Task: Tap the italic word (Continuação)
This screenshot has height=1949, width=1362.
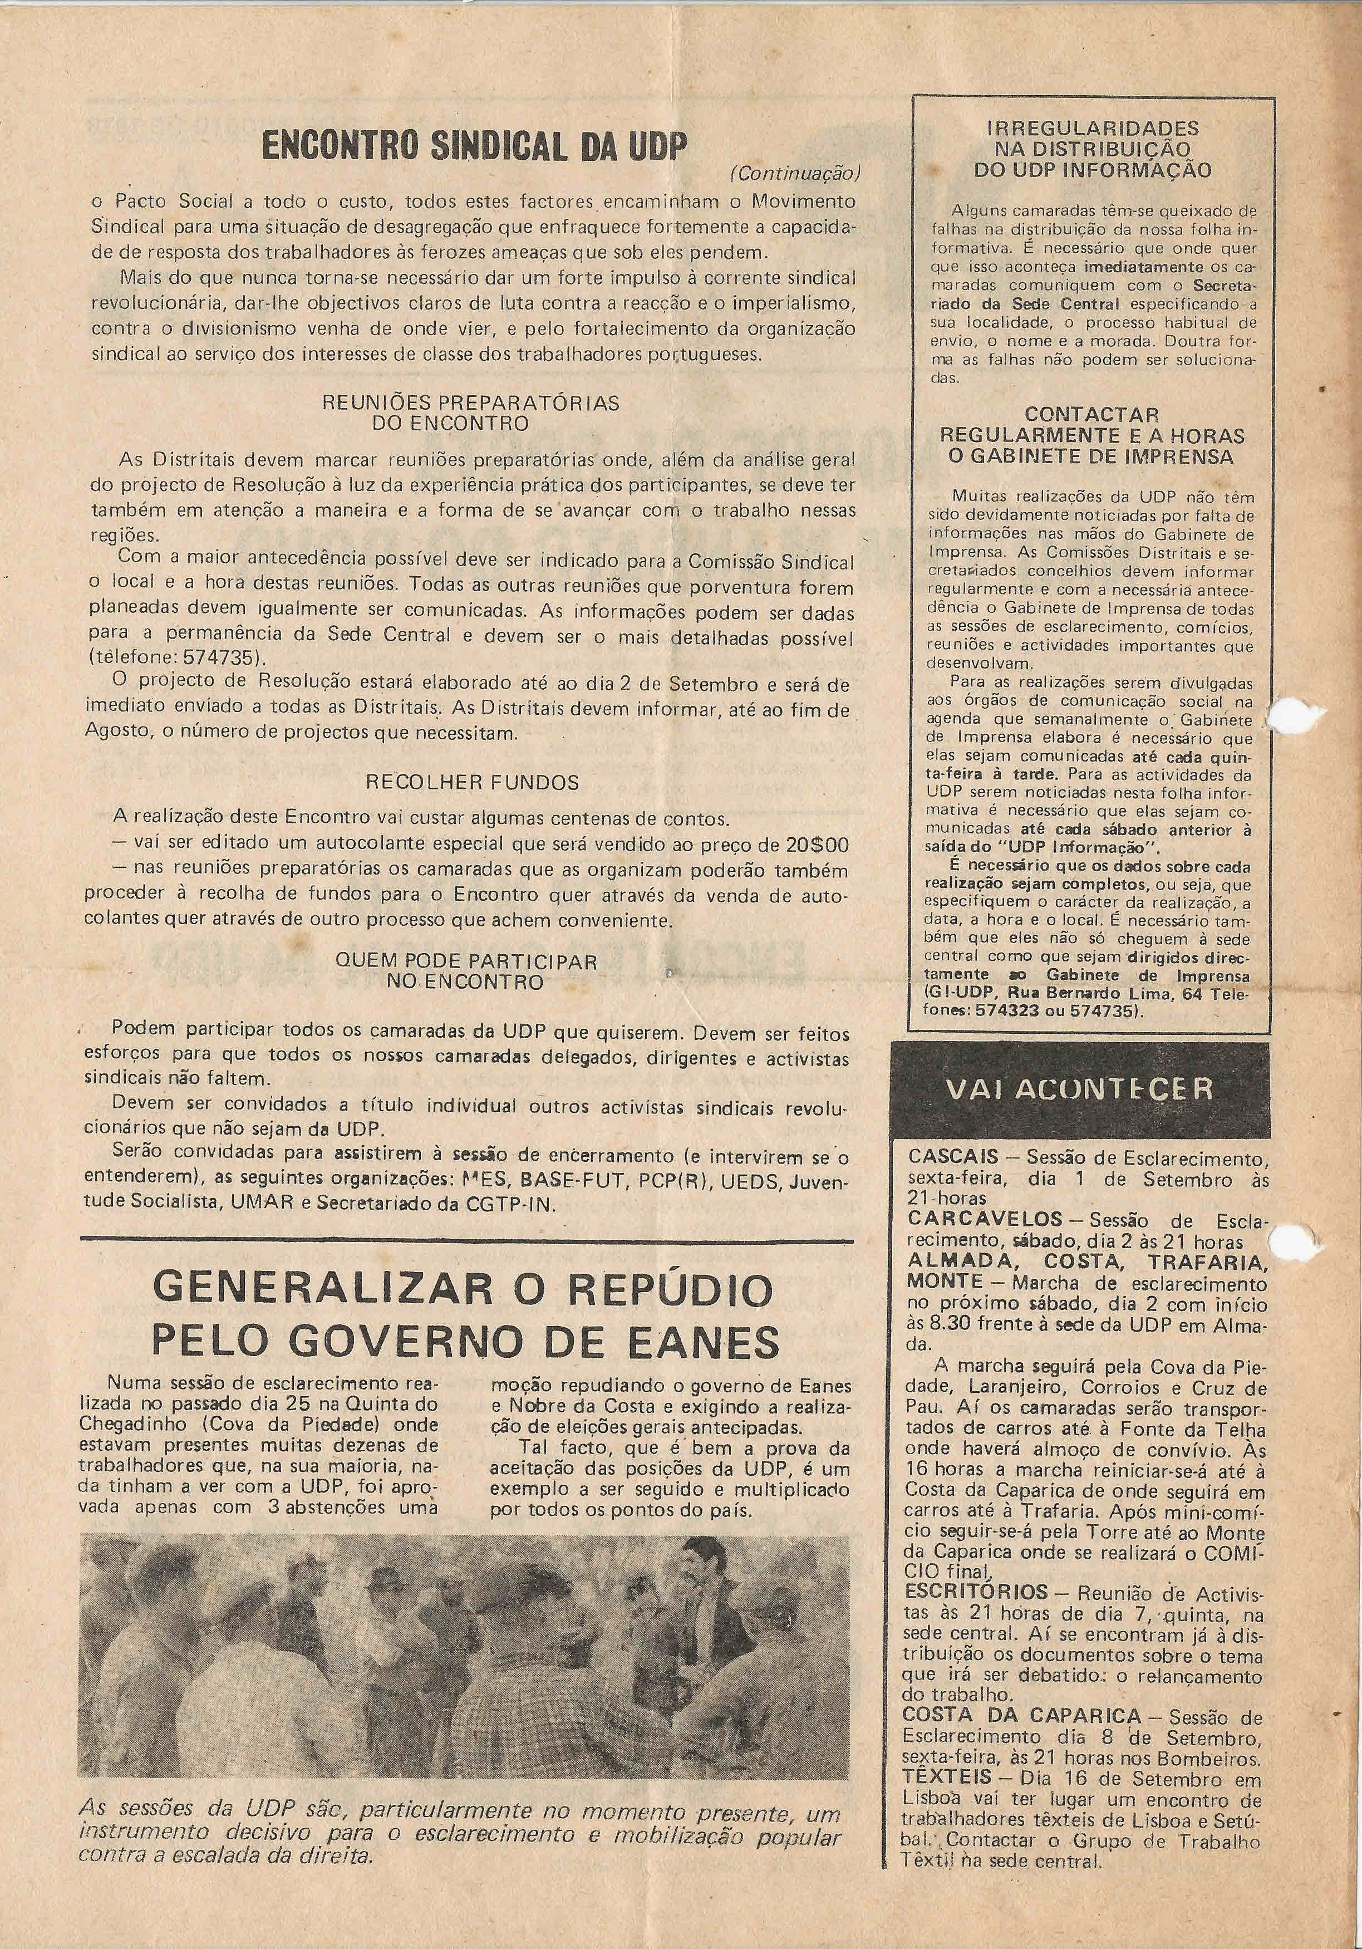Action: pyautogui.click(x=795, y=174)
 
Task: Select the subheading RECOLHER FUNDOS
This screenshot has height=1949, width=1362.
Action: pyautogui.click(x=473, y=782)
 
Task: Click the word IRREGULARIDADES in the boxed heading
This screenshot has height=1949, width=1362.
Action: pyautogui.click(x=1093, y=128)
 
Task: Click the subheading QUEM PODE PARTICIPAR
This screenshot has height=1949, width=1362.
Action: pyautogui.click(x=466, y=962)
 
